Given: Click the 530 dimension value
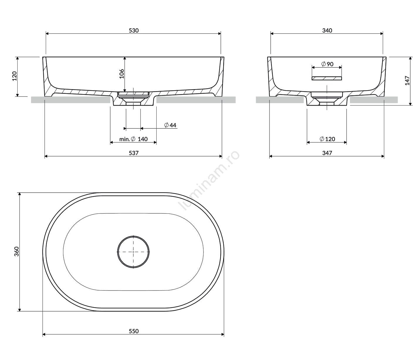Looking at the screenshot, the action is (133, 30).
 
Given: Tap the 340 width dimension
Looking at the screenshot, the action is (327, 30).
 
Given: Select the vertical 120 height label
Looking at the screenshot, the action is (15, 76).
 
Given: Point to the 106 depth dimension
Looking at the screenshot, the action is (121, 74).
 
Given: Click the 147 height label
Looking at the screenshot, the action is (407, 80).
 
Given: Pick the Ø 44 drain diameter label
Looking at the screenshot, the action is (170, 125).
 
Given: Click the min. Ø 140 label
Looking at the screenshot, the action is (133, 139).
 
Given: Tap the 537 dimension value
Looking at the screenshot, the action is (133, 153).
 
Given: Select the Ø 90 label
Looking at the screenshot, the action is (327, 64).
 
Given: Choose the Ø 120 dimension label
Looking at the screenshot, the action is (327, 139).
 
